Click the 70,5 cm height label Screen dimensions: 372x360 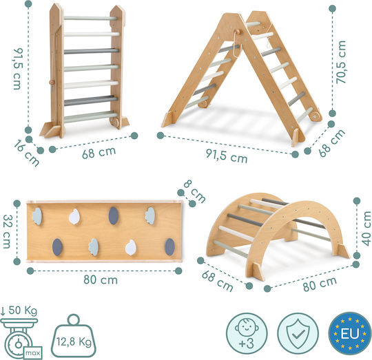(341, 62)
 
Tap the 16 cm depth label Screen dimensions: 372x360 (26, 153)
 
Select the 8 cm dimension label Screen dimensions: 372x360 (194, 191)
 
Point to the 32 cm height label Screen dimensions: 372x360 (7, 231)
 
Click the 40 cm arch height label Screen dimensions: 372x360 (366, 229)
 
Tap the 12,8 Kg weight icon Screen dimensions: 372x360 (74, 336)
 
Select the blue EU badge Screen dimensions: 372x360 (350, 333)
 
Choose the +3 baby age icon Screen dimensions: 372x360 (247, 333)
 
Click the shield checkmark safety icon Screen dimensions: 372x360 (298, 333)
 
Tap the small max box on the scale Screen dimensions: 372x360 (33, 353)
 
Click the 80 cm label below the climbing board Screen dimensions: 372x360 (101, 280)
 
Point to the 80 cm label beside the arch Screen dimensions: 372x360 (320, 284)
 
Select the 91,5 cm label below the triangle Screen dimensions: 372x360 (227, 156)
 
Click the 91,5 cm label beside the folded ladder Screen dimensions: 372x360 (18, 69)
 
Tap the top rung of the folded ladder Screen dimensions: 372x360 (90, 18)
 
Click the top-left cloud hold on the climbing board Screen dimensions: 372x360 (37, 216)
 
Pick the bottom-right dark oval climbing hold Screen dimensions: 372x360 (169, 247)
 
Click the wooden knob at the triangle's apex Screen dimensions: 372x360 (238, 32)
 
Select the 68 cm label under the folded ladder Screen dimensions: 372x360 (99, 152)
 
